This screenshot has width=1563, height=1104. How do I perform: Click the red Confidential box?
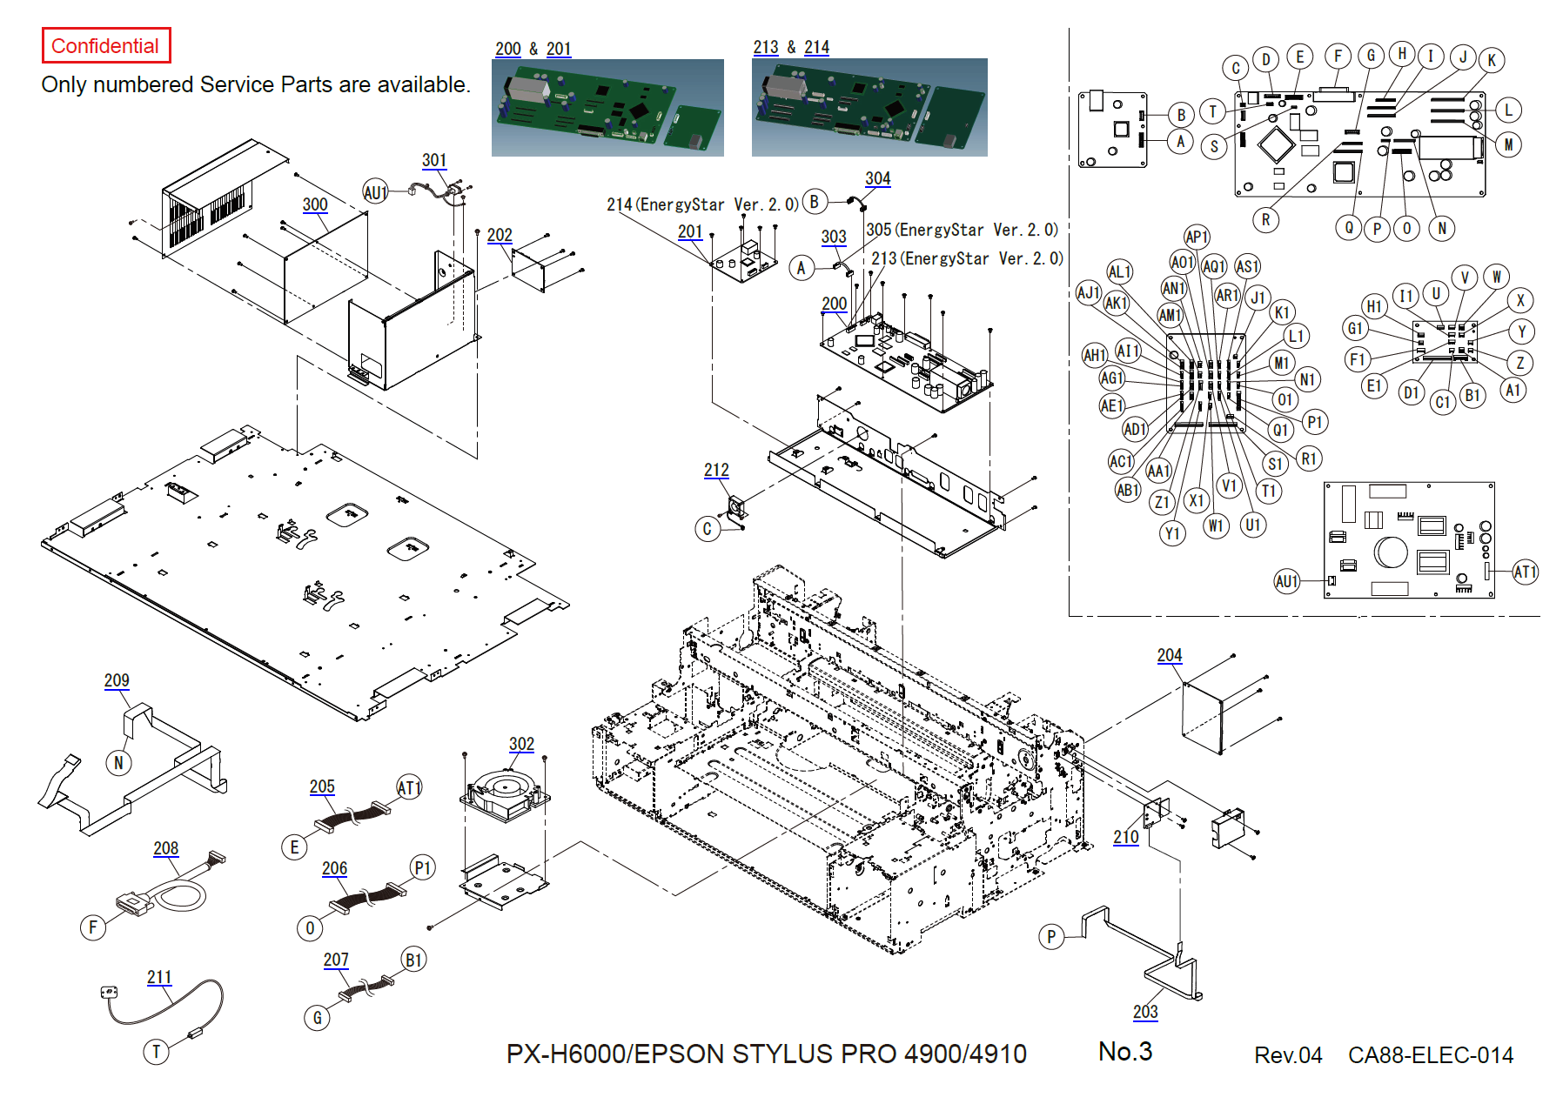pyautogui.click(x=105, y=45)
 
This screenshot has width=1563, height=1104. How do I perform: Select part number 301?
pyautogui.click(x=434, y=160)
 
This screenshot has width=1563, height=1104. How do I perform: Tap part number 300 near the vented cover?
pyautogui.click(x=315, y=204)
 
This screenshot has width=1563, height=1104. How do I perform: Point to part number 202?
pyautogui.click(x=500, y=235)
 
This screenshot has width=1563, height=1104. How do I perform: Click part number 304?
pyautogui.click(x=877, y=178)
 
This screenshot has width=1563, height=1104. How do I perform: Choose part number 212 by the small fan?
pyautogui.click(x=716, y=470)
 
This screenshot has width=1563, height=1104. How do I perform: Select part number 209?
pyautogui.click(x=117, y=680)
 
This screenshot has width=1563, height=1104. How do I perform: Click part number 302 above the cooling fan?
pyautogui.click(x=521, y=744)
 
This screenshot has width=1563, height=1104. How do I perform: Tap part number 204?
pyautogui.click(x=1169, y=655)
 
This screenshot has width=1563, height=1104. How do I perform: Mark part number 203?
pyautogui.click(x=1145, y=1011)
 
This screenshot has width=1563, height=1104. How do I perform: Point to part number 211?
pyautogui.click(x=159, y=977)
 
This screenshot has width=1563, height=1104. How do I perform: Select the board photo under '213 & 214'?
pyautogui.click(x=869, y=107)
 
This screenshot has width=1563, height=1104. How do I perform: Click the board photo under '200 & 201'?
pyautogui.click(x=607, y=107)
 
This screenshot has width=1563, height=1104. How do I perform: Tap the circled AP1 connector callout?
pyautogui.click(x=1197, y=237)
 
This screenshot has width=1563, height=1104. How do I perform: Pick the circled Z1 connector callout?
pyautogui.click(x=1162, y=502)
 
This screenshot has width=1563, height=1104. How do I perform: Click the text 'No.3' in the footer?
pyautogui.click(x=1125, y=1052)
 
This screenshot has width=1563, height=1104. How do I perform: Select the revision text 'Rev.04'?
pyautogui.click(x=1287, y=1055)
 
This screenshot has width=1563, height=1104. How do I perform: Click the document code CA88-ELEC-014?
pyautogui.click(x=1430, y=1055)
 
